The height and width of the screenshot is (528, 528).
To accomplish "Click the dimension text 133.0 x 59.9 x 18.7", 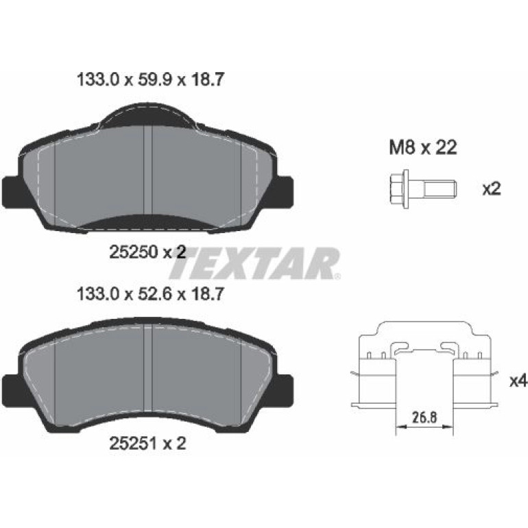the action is [x=151, y=80].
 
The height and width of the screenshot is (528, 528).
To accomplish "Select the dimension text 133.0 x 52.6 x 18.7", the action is [x=151, y=294].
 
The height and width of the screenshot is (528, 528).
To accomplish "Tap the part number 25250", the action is [x=134, y=252].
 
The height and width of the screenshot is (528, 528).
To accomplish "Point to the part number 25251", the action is [x=134, y=444].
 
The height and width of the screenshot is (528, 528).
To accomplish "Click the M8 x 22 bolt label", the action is [x=423, y=147].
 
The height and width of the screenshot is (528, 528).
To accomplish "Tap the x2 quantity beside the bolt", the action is [x=492, y=189].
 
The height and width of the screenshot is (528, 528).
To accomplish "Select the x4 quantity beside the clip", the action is [x=518, y=381].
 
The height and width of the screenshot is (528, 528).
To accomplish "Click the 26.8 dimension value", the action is [x=424, y=418].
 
